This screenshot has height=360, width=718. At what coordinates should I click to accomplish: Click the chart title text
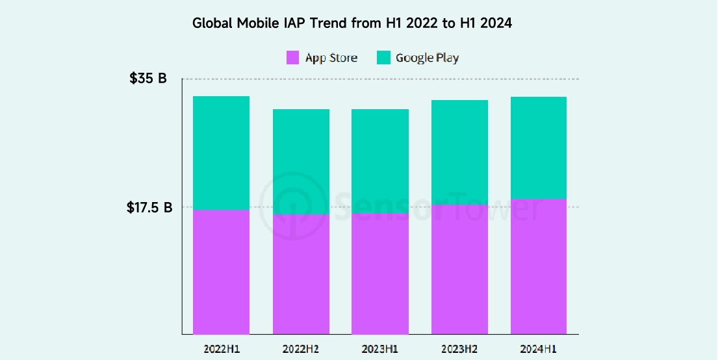tap(352, 23)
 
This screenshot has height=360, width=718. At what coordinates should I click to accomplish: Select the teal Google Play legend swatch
tap(383, 57)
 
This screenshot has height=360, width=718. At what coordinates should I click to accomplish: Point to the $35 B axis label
tap(147, 79)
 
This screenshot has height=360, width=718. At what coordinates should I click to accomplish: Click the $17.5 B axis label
tap(149, 208)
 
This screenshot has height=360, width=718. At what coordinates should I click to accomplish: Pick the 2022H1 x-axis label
tap(222, 348)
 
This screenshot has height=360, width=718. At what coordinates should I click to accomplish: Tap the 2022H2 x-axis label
tap(301, 348)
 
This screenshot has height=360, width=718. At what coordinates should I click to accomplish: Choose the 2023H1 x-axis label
tap(380, 348)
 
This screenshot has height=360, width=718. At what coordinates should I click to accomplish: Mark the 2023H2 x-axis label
tap(459, 348)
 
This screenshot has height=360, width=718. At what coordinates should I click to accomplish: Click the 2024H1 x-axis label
tap(539, 348)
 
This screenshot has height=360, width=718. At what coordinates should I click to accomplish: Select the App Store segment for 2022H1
tap(222, 272)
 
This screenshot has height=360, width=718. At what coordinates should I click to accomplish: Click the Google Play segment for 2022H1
tap(222, 153)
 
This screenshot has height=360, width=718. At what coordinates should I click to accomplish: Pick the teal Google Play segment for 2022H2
tap(301, 162)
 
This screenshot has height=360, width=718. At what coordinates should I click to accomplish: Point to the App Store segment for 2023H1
tap(380, 274)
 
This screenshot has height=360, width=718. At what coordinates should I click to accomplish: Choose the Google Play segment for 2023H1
tap(380, 161)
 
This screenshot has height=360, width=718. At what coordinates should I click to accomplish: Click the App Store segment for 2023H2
tap(459, 270)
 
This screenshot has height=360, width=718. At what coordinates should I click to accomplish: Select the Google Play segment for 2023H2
tap(459, 153)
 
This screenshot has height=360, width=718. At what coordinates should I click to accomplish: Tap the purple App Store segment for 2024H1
tap(539, 266)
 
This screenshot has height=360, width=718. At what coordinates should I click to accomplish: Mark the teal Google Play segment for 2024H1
tap(539, 148)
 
